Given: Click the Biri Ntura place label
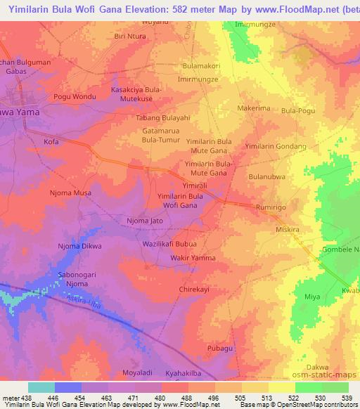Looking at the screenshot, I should (131, 35).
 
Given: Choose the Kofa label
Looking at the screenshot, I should (51, 141).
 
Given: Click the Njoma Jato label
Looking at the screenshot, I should (145, 221).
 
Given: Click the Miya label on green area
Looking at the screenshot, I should (312, 297).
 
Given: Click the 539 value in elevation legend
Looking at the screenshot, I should (345, 398).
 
